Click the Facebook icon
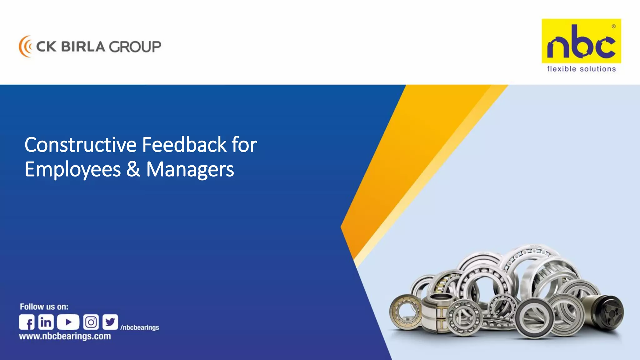[x=27, y=322]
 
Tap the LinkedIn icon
[x=46, y=322]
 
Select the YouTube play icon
[x=68, y=322]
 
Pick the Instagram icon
[x=91, y=322]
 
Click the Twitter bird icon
[x=110, y=322]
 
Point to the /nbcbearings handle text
[x=140, y=327]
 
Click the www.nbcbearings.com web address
[x=65, y=337]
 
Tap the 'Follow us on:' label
[x=44, y=307]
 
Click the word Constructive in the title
[x=81, y=145]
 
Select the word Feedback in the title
[x=184, y=145]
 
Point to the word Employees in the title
[x=72, y=170]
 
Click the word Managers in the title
[x=190, y=170]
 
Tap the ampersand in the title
[x=133, y=170]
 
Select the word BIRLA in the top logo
[x=83, y=47]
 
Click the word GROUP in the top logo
[x=135, y=47]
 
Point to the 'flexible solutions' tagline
[x=581, y=69]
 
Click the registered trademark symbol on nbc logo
[x=613, y=27]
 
